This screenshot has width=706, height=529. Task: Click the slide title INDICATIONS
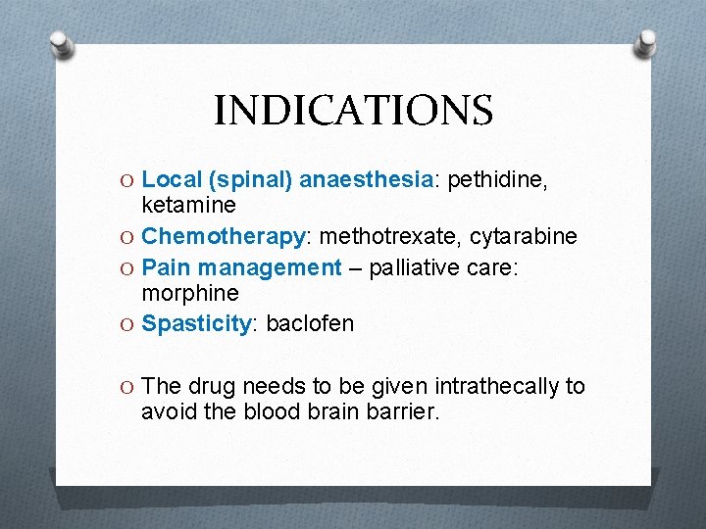[x=353, y=111]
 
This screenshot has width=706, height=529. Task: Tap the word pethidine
[x=496, y=179]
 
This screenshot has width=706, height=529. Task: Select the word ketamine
[x=189, y=205]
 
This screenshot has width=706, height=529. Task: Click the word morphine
[x=190, y=293]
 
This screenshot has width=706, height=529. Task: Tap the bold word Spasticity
[x=197, y=323]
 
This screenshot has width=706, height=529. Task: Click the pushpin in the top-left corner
[x=61, y=43]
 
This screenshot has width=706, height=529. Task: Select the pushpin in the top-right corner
[x=645, y=43]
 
